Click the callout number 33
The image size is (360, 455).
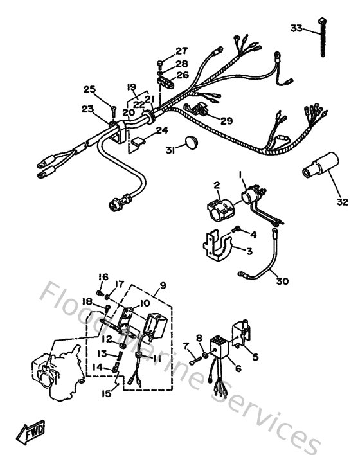tap(295, 28)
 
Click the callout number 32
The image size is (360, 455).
tap(342, 202)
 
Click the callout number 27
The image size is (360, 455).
tap(182, 51)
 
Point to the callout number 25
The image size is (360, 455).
tap(89, 89)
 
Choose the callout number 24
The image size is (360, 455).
tap(161, 130)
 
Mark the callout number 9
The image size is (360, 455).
tap(163, 285)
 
